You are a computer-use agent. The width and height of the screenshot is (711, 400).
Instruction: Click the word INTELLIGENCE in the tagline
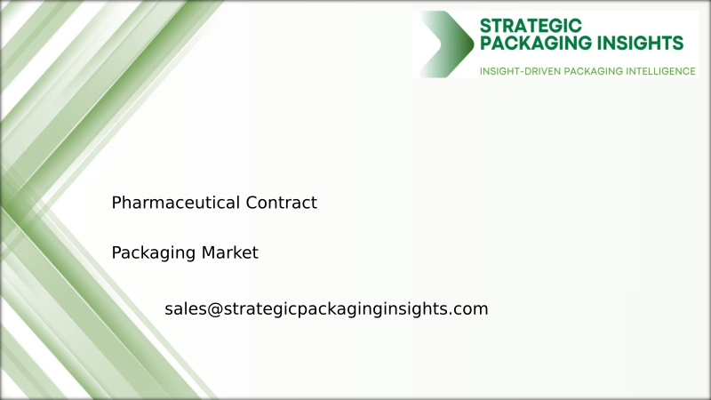(x=659, y=70)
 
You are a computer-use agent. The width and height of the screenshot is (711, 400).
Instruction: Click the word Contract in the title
(x=282, y=203)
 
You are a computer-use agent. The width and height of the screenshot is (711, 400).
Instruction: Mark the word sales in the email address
(x=185, y=309)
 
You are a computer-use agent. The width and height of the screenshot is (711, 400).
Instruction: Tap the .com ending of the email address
(x=470, y=309)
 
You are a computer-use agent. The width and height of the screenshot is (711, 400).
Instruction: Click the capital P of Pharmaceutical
(x=116, y=203)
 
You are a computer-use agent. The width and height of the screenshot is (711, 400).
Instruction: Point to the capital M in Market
(x=207, y=252)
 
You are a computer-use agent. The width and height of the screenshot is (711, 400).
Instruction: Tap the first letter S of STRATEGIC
(x=485, y=25)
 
